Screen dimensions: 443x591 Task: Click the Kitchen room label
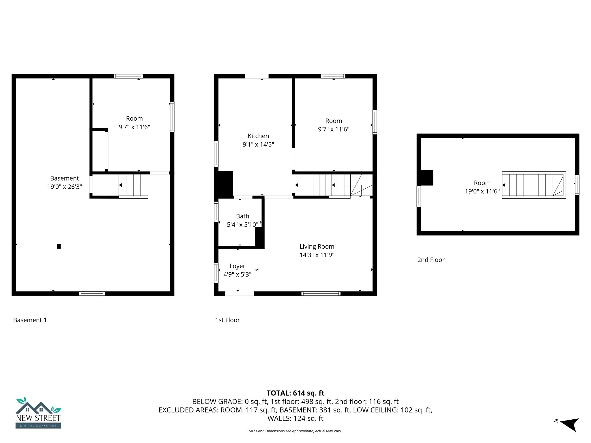tap(258, 136)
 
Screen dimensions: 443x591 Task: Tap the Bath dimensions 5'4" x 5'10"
tap(242, 225)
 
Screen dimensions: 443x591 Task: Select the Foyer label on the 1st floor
tap(237, 266)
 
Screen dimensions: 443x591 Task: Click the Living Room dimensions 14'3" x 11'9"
tap(317, 255)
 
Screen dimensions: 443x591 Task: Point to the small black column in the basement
tap(59, 246)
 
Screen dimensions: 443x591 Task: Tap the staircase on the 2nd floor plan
tap(533, 185)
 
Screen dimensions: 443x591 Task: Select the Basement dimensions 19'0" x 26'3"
tap(65, 187)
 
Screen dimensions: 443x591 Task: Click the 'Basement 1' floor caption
tap(30, 320)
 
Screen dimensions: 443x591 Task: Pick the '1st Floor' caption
tap(227, 320)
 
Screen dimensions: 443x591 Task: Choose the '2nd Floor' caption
tap(431, 260)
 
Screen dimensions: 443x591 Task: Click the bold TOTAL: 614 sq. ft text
tap(295, 393)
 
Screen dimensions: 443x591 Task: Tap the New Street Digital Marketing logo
tap(38, 413)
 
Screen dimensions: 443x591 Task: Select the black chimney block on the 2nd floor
tap(427, 178)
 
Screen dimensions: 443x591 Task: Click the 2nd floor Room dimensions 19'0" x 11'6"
tap(482, 191)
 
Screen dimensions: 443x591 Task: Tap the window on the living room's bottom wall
tap(321, 294)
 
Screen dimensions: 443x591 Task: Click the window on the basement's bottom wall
tap(92, 294)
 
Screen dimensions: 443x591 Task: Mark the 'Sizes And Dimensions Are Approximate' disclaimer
tap(295, 431)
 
